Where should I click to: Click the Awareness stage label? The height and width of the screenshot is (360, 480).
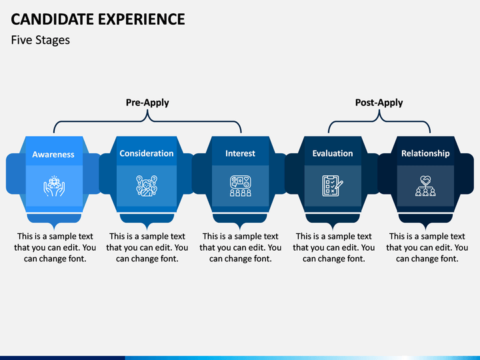(x=53, y=154)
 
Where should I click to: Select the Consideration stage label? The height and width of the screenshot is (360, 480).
(x=146, y=153)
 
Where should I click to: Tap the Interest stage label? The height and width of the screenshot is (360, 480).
(x=240, y=153)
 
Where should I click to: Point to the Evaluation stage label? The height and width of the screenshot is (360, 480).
(x=333, y=153)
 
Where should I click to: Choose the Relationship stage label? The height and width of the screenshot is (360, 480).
(x=425, y=153)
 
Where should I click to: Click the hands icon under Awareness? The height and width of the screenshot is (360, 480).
(x=54, y=186)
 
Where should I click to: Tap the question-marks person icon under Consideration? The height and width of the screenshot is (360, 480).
(x=147, y=185)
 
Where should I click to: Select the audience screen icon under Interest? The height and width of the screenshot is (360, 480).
(x=240, y=185)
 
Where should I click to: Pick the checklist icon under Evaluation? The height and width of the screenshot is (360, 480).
(x=333, y=185)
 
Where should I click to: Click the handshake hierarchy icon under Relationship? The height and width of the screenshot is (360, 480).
(x=425, y=185)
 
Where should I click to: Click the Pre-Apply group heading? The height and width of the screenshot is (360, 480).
(x=147, y=103)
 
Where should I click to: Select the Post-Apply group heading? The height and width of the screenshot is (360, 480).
(x=379, y=103)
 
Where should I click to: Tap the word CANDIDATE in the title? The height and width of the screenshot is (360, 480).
(x=53, y=19)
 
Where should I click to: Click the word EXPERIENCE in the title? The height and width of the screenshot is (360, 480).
(x=142, y=19)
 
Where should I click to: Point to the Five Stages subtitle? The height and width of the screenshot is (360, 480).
(x=41, y=40)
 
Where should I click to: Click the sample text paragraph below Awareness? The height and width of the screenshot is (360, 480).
(x=55, y=247)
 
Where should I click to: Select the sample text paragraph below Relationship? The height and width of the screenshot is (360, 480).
(x=427, y=247)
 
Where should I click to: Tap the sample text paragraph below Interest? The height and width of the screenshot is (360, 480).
(x=240, y=247)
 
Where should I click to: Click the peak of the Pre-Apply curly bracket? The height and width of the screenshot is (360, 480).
(x=147, y=111)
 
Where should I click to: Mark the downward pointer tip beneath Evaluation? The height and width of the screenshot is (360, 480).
(x=333, y=229)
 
